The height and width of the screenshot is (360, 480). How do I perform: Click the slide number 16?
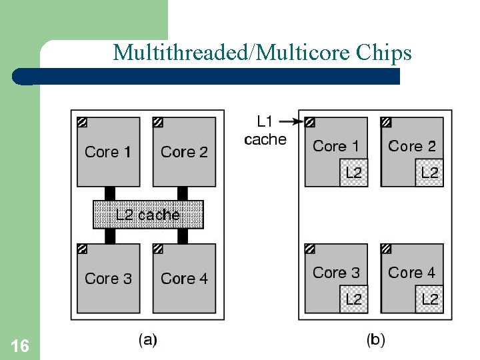(x=20, y=345)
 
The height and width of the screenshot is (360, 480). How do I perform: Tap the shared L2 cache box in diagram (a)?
(x=147, y=215)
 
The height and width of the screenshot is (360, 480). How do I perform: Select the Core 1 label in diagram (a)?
(x=109, y=152)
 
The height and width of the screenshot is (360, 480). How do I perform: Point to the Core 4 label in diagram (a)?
(x=184, y=278)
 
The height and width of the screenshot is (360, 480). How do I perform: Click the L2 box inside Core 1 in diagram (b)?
(x=354, y=173)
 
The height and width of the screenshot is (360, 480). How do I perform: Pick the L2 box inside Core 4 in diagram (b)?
(x=430, y=299)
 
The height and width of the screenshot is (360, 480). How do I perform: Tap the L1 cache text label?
(x=265, y=130)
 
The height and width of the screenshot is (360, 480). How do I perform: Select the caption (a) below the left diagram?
(x=147, y=340)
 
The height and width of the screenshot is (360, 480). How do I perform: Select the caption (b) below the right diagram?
(x=375, y=340)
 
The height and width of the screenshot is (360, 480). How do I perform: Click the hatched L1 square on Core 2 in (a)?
(x=158, y=123)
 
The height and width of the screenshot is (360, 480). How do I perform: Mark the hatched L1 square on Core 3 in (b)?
(x=310, y=249)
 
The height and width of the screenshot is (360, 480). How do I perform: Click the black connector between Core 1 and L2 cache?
(x=110, y=193)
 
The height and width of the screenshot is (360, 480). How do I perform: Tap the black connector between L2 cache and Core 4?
(x=181, y=236)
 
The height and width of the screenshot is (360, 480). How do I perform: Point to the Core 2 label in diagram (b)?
(x=412, y=146)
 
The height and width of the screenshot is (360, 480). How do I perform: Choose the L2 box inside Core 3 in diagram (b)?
(x=354, y=299)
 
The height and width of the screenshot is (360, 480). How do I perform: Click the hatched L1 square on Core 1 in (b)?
(x=310, y=123)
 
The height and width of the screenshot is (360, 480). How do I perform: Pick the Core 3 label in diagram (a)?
(x=109, y=278)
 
